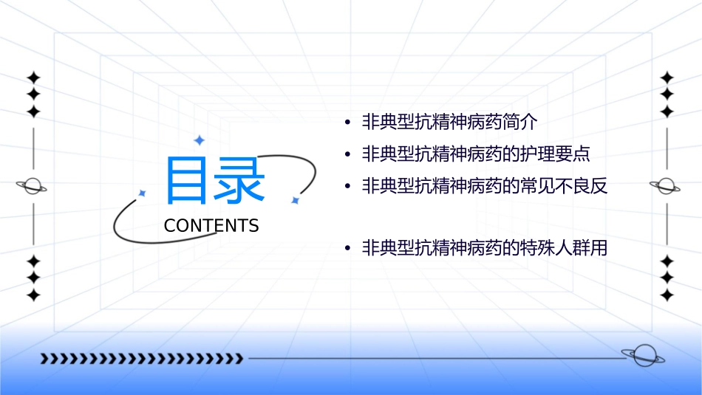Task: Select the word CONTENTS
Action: (211, 225)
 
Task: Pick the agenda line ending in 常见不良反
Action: (485, 185)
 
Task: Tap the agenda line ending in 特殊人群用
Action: (485, 248)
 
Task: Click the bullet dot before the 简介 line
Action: (347, 123)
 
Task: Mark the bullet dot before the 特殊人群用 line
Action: (347, 249)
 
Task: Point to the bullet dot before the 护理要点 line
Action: (347, 154)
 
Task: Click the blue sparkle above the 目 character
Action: (198, 140)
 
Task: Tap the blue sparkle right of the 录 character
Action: (294, 200)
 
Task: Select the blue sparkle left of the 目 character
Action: (142, 193)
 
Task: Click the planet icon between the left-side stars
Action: (33, 186)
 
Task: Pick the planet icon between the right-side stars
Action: (667, 186)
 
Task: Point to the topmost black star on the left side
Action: (33, 78)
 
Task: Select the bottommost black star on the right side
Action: (667, 295)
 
